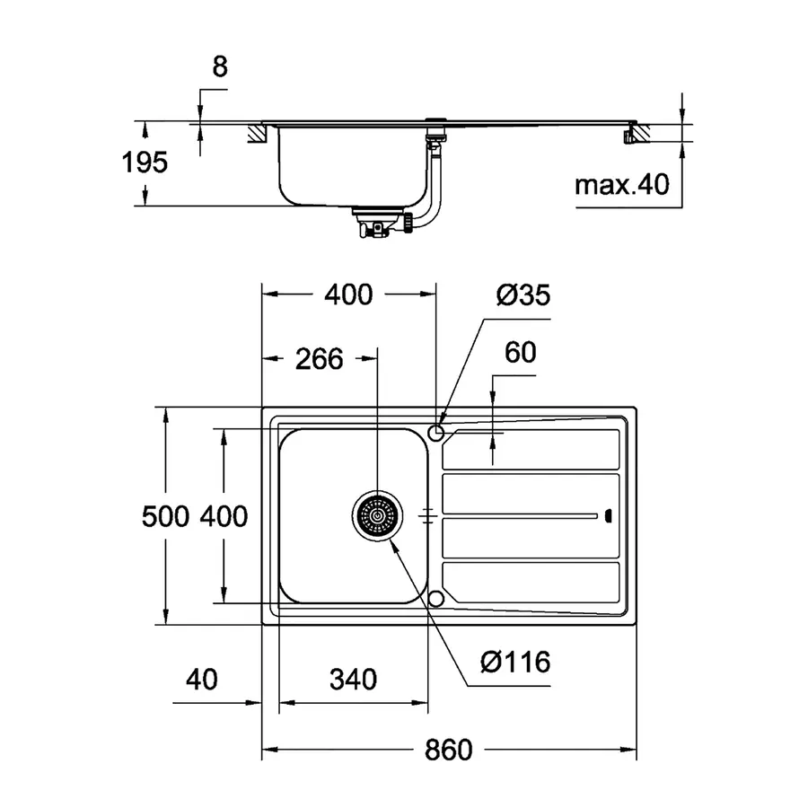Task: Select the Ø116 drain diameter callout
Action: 515,663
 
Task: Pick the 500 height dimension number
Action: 166,517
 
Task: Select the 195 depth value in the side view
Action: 145,162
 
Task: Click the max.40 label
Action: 622,186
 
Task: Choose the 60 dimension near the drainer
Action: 520,353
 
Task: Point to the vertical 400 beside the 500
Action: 223,517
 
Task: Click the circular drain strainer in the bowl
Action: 376,516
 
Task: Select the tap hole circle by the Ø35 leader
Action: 437,434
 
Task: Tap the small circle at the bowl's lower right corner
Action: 437,598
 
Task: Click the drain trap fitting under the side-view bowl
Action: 377,223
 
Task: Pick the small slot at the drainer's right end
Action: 609,515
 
